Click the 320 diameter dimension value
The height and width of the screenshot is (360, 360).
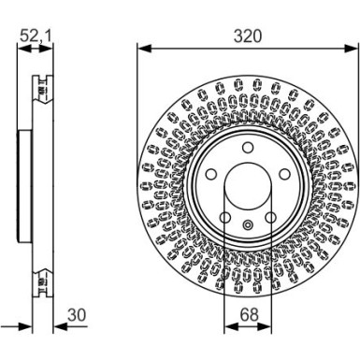click(248, 35)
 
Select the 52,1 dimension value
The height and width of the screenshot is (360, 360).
click(37, 35)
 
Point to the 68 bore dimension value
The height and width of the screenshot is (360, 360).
click(247, 316)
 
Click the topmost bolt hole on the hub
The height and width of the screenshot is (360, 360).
click(247, 149)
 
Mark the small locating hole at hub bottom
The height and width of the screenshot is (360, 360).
click(247, 224)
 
